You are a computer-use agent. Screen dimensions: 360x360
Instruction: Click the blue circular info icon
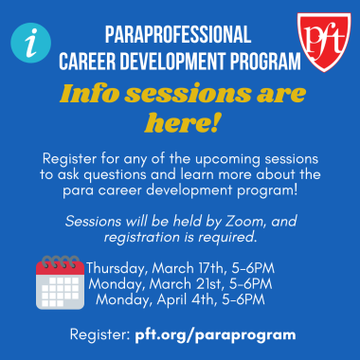tap(29, 43)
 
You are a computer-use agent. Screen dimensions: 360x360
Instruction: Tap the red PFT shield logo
tap(323, 37)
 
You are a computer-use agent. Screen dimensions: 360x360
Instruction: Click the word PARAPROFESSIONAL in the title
tap(178, 37)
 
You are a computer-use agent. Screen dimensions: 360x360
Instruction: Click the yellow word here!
tap(180, 123)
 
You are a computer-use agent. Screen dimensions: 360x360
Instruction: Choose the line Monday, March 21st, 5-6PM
tap(180, 283)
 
